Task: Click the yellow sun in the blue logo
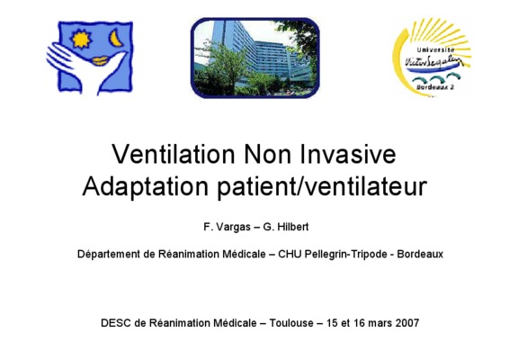(81, 39)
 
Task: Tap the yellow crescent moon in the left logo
(116, 39)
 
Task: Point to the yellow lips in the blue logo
(100, 61)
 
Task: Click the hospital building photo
(255, 58)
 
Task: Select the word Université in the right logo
(435, 49)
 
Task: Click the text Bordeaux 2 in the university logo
(434, 87)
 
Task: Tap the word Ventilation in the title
(174, 154)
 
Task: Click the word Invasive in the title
(347, 154)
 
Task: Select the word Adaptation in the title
(146, 186)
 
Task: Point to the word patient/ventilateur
(322, 186)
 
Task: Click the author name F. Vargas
(227, 227)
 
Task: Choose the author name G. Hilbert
(286, 227)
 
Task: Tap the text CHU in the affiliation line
(287, 254)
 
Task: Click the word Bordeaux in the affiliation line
(420, 254)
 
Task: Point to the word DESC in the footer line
(116, 323)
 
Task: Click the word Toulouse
(291, 323)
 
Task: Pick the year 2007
(407, 323)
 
